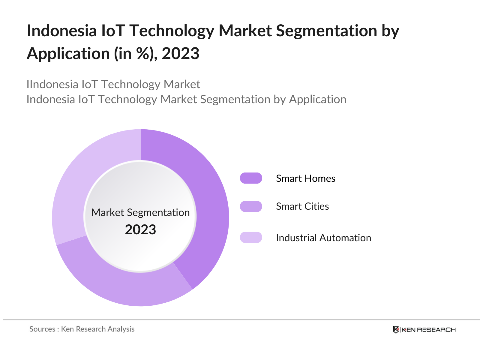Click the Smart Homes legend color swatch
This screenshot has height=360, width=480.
point(251,178)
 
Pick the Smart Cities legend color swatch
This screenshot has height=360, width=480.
point(251,206)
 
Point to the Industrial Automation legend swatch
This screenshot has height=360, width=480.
point(251,237)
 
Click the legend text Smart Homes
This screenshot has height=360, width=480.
point(305,178)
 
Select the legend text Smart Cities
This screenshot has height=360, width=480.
point(302,206)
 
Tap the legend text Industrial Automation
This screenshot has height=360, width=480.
point(323,238)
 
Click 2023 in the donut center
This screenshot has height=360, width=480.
point(140,230)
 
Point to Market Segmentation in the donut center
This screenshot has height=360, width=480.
point(140,212)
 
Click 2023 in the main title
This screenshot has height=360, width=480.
point(180,54)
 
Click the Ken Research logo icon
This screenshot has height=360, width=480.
point(396,329)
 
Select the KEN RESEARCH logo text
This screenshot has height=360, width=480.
point(428,330)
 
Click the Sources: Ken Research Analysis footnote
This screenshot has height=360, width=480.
point(82,329)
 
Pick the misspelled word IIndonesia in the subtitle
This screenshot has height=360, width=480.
point(52,84)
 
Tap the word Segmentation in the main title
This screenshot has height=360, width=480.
point(326,31)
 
